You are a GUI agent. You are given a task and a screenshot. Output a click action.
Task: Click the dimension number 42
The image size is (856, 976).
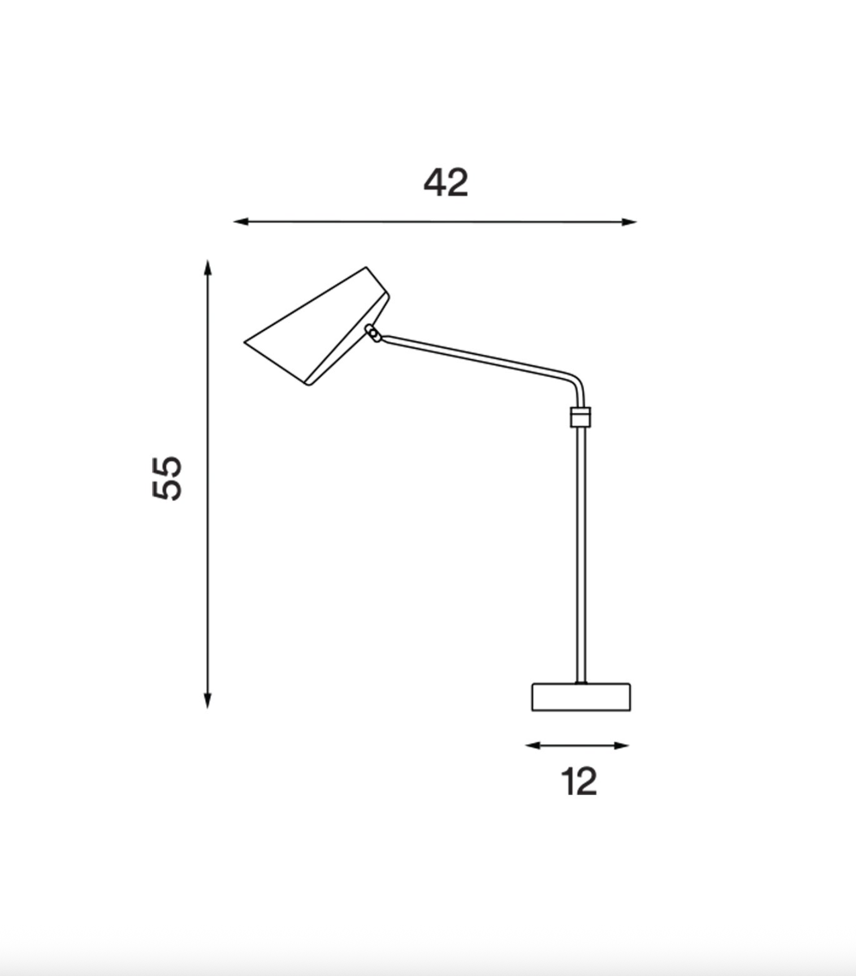(x=446, y=182)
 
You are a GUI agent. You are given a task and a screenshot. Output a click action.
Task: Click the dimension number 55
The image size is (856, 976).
(x=167, y=478)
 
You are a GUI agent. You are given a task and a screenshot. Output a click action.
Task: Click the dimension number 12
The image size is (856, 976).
(x=579, y=782)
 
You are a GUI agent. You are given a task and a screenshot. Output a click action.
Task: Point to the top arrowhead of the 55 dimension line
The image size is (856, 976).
(x=207, y=266)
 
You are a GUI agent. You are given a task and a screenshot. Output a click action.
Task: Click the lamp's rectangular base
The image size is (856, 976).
(x=581, y=697)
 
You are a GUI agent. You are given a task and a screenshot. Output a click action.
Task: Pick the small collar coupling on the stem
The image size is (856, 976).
(x=581, y=417)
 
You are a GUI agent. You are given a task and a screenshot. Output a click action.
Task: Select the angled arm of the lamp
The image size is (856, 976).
(x=475, y=356)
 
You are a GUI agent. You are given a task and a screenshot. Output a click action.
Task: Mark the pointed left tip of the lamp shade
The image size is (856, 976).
(x=247, y=342)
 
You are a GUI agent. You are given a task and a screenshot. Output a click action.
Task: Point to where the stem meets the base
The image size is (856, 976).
(x=581, y=683)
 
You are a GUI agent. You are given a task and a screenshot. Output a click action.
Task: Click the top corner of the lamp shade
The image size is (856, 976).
(x=366, y=268)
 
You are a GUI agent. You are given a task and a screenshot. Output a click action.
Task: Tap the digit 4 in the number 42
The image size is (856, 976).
(x=435, y=183)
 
